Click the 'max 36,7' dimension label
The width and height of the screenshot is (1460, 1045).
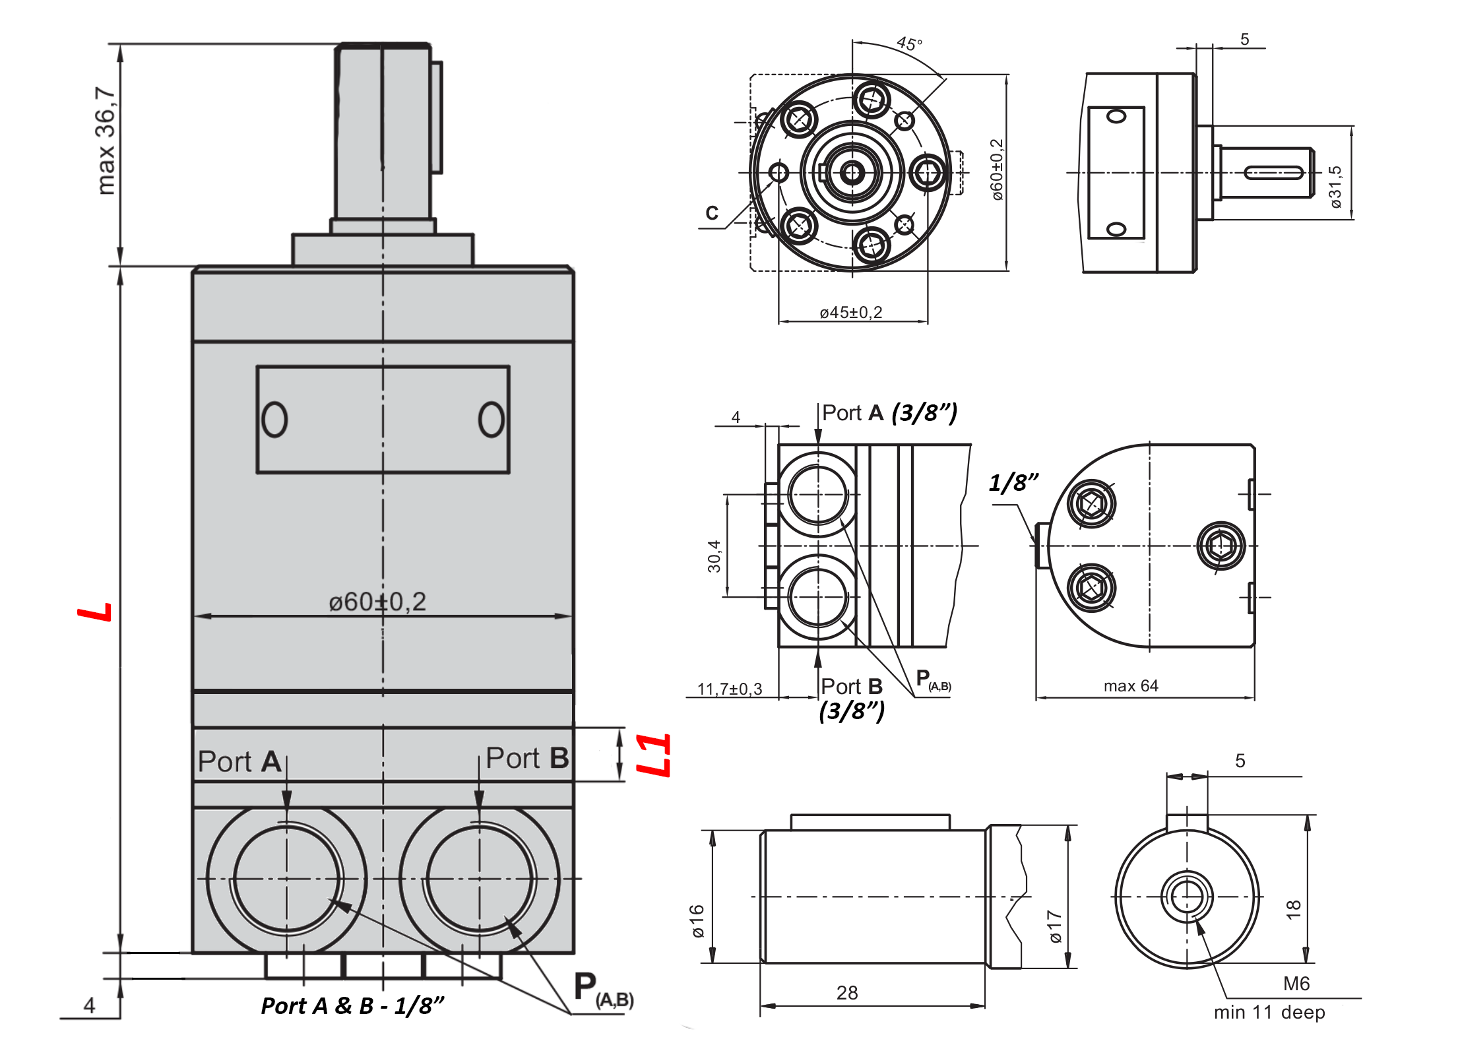click(x=106, y=141)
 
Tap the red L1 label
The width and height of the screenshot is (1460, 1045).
click(x=653, y=755)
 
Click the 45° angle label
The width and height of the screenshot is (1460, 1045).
click(x=909, y=44)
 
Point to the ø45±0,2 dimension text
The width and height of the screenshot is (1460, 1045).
click(x=850, y=312)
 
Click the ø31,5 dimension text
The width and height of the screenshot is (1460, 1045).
click(x=1335, y=187)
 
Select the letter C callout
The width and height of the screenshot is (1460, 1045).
click(x=712, y=213)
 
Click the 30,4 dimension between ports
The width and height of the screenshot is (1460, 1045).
click(x=714, y=555)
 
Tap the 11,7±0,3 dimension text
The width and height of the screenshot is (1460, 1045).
click(x=729, y=689)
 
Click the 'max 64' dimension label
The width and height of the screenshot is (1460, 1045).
click(x=1131, y=685)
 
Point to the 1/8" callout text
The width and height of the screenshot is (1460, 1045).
click(x=1013, y=483)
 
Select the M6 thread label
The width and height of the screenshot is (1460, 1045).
click(x=1296, y=984)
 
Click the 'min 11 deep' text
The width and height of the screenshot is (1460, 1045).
click(x=1269, y=1012)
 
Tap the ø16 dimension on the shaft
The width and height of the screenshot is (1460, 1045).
click(x=697, y=920)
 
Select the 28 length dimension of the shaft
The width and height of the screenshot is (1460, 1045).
click(x=847, y=993)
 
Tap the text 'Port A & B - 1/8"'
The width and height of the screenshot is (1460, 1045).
click(x=352, y=1006)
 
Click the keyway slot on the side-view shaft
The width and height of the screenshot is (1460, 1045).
click(x=1273, y=173)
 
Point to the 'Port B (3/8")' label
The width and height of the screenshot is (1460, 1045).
click(x=852, y=698)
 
